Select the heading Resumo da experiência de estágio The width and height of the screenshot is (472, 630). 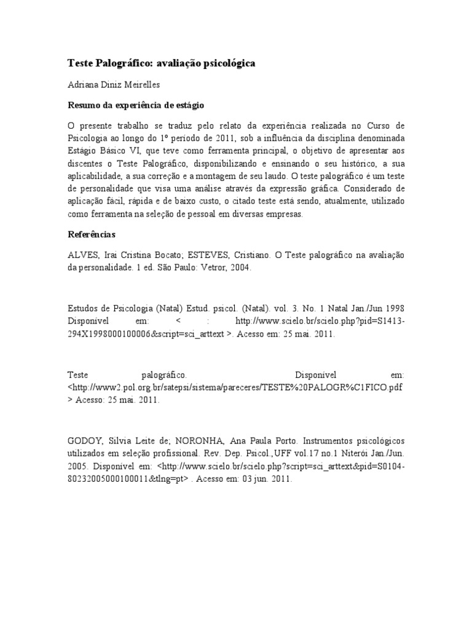pyautogui.click(x=135, y=105)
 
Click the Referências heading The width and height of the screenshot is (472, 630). pyautogui.click(x=90, y=235)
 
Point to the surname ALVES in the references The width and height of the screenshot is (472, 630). pyautogui.click(x=79, y=255)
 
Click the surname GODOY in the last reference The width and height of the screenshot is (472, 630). pyautogui.click(x=82, y=442)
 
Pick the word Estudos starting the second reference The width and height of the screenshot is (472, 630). pyautogui.click(x=81, y=308)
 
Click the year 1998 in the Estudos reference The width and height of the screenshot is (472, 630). pyautogui.click(x=393, y=308)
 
